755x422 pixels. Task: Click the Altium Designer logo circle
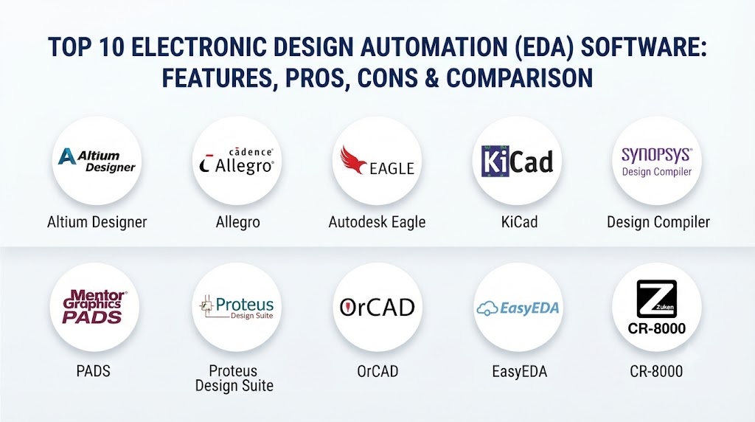(97, 161)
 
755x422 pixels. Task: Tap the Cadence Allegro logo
(237, 160)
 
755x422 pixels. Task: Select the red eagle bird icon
(353, 160)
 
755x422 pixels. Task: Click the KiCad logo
(517, 161)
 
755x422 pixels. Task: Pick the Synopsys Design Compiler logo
(657, 162)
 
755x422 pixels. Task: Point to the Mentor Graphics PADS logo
(94, 306)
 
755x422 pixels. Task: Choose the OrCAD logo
(377, 308)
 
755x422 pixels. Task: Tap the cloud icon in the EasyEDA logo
(487, 308)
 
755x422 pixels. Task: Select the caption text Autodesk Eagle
(377, 222)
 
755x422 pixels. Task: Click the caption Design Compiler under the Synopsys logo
(658, 222)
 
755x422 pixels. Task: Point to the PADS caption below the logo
(94, 371)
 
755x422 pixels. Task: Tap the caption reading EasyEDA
(520, 371)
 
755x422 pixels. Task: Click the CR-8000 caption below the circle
(656, 371)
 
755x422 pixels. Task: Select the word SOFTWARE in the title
(644, 47)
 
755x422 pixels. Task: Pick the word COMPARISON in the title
(520, 78)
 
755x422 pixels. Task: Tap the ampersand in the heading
(432, 78)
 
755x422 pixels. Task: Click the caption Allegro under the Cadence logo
(238, 222)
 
